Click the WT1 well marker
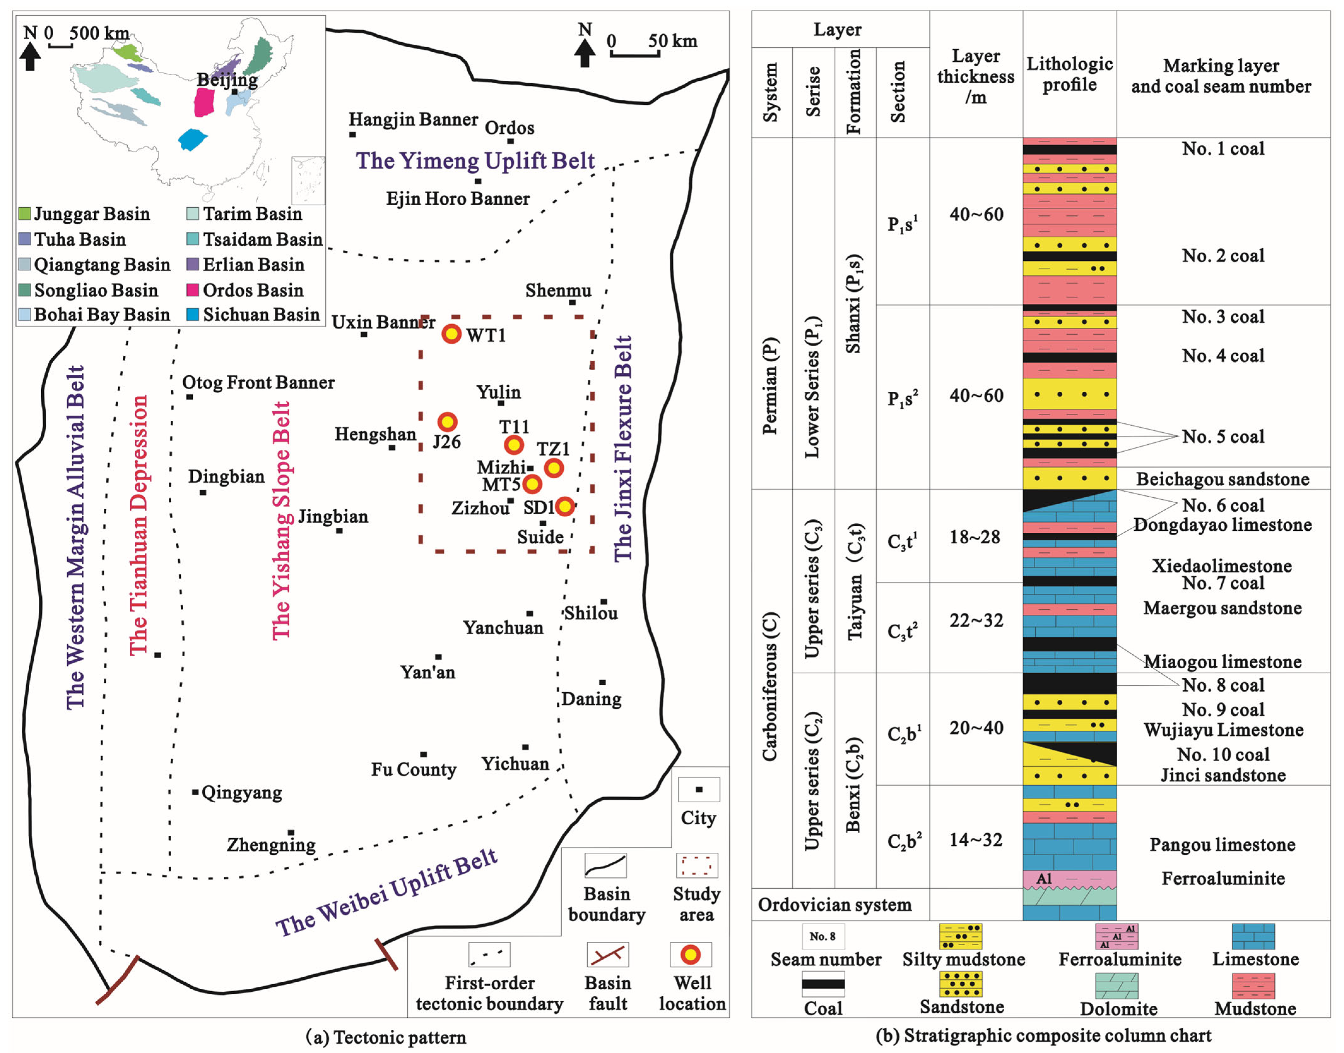point(451,334)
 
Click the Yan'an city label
point(427,672)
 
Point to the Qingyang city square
point(196,792)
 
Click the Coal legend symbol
point(823,984)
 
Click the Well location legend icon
point(690,954)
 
